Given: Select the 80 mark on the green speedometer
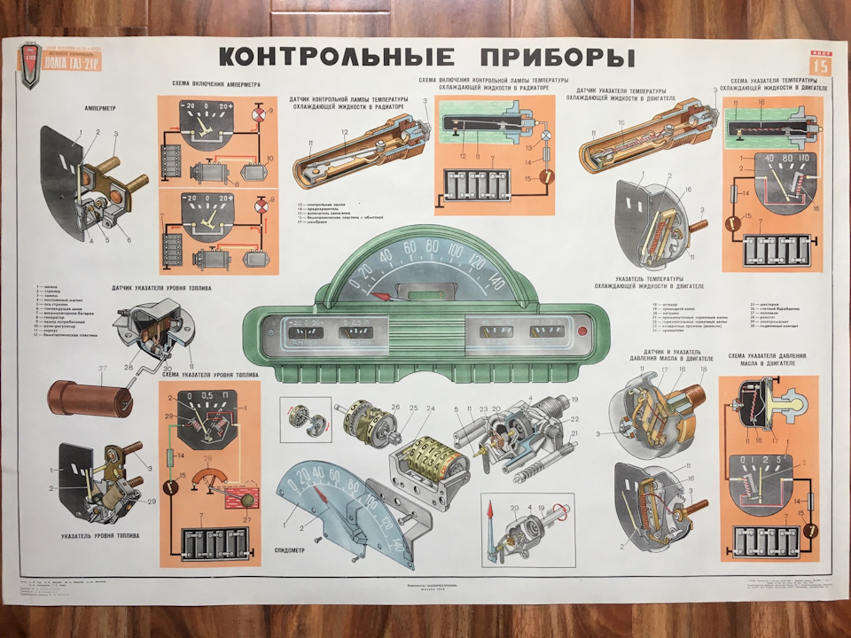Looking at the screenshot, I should click(x=432, y=246).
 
